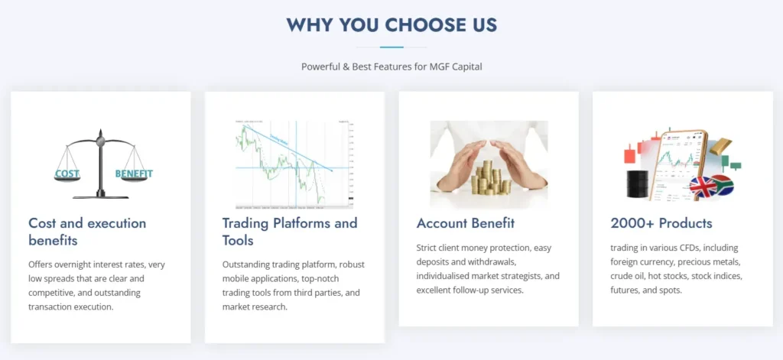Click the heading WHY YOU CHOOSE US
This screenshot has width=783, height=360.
[391, 24]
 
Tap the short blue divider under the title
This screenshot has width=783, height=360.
[391, 47]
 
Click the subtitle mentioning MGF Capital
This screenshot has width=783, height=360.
[391, 66]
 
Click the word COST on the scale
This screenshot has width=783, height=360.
[67, 174]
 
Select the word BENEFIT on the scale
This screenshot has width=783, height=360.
[134, 174]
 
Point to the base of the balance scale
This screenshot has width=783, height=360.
[99, 195]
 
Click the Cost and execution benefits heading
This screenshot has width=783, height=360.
[87, 232]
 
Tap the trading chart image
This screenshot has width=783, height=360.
[294, 164]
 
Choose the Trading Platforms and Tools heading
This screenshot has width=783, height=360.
[290, 232]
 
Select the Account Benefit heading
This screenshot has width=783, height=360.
[466, 223]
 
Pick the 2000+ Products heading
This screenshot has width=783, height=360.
[661, 223]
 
